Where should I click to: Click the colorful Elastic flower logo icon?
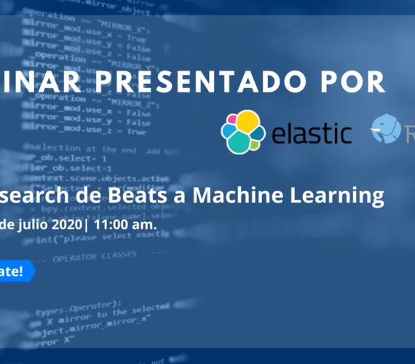(x=243, y=132)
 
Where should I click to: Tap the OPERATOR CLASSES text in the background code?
(x=90, y=261)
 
